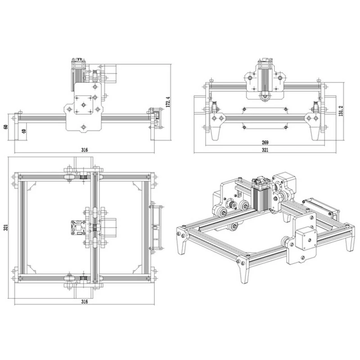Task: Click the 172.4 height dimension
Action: [168, 102]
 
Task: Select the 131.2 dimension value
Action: [341, 111]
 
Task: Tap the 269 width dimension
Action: [265, 142]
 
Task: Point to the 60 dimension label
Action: [6, 126]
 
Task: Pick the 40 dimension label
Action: [24, 131]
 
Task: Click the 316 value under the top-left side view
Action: [85, 150]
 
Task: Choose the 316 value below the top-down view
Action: [85, 301]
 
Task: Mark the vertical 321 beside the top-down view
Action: [6, 227]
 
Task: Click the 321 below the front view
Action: [265, 150]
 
